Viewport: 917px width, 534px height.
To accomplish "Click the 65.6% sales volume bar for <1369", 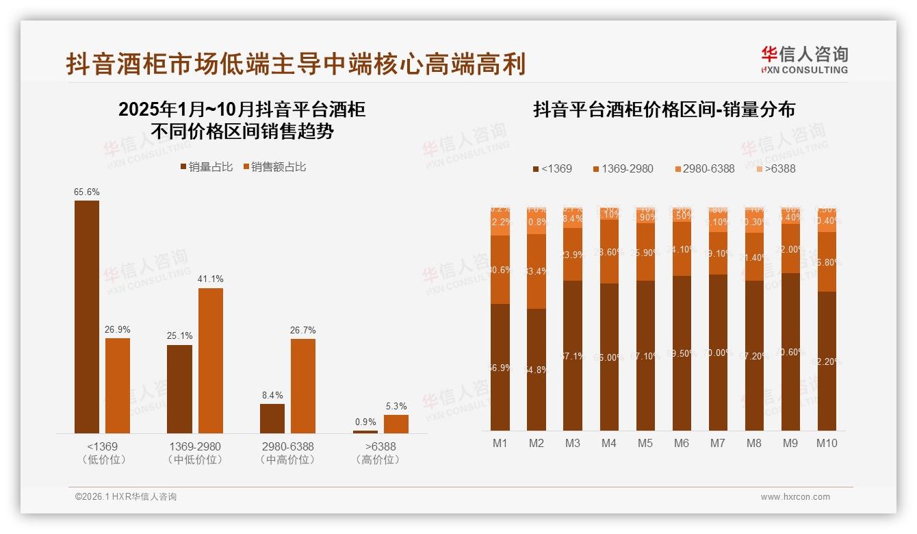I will [87, 316].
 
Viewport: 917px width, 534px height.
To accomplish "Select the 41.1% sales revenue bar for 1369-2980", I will [211, 360].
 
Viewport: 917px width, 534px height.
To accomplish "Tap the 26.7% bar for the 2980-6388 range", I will [303, 385].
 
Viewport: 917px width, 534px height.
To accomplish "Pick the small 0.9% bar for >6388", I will [365, 431].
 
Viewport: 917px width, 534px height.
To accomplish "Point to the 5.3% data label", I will [396, 406].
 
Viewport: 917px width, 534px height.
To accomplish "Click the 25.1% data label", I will [179, 336].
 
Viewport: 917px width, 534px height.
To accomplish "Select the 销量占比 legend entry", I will [207, 167].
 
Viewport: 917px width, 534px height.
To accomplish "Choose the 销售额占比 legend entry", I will [274, 167].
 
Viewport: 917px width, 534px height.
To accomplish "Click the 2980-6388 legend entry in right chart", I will [704, 168].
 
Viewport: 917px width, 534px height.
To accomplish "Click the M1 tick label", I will [500, 444].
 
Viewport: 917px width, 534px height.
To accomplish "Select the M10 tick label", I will [827, 444].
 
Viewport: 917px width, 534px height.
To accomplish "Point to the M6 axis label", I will [682, 444].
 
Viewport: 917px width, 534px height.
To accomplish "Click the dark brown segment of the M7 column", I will [718, 353].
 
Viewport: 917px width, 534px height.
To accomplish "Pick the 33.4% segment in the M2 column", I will [537, 271].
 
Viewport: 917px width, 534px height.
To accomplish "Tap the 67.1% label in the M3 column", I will [573, 357].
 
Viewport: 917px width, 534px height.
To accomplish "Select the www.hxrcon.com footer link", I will [795, 497].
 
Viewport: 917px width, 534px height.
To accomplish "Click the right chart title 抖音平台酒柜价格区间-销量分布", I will [664, 110].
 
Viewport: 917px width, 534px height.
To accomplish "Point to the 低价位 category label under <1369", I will [104, 460].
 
